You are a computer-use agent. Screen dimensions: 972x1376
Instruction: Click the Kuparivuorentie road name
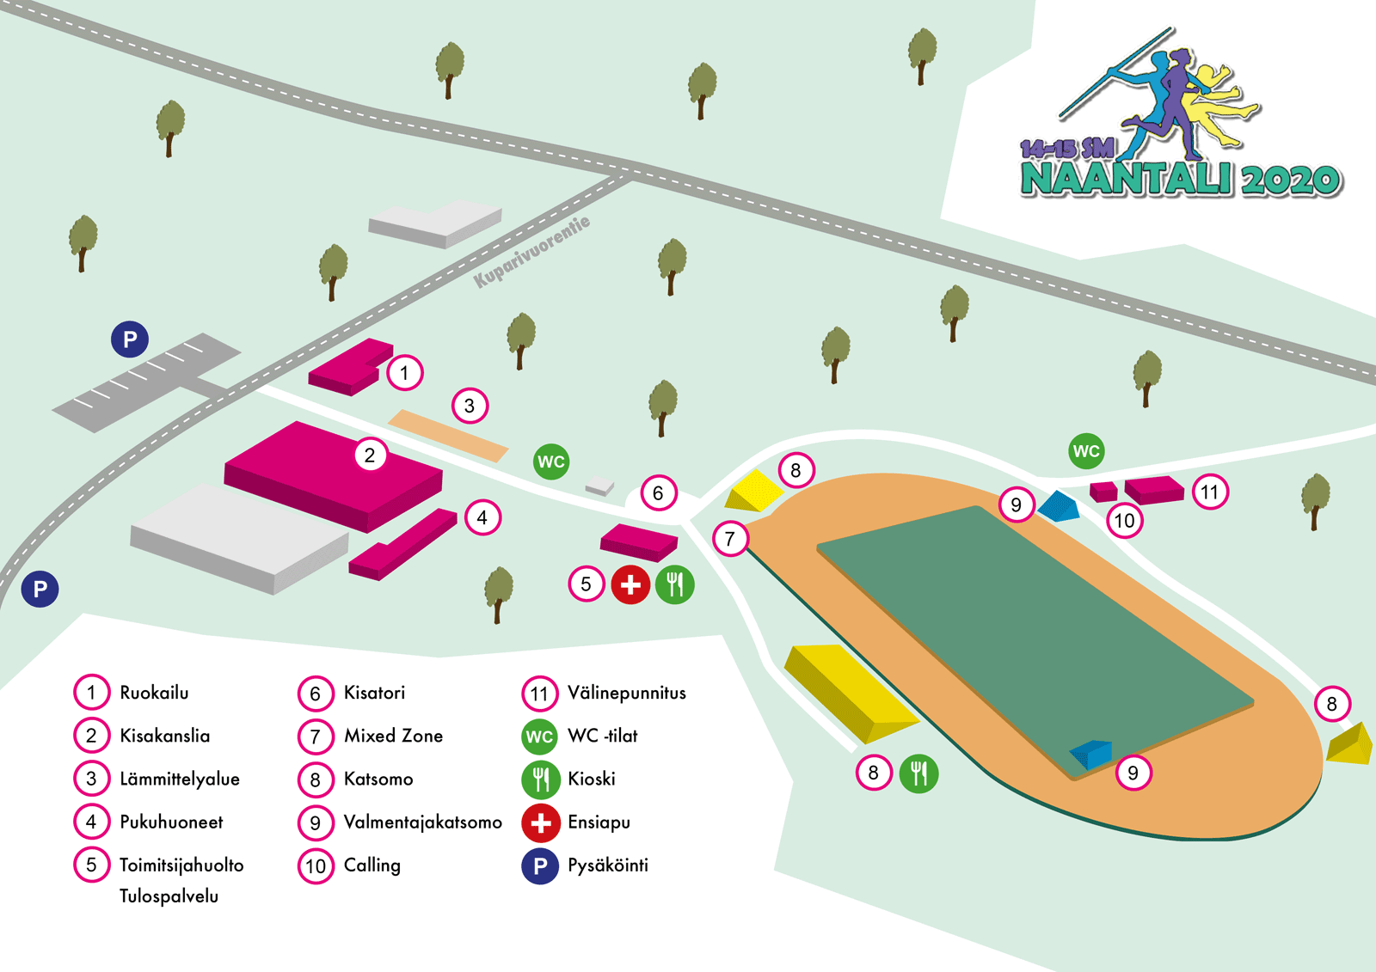[532, 251]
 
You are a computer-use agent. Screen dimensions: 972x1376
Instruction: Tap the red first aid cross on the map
[630, 585]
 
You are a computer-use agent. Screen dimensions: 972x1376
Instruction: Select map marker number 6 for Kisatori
[658, 493]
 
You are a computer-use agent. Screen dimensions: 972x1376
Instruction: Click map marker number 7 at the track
[730, 539]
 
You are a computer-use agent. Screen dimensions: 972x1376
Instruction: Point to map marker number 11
[1210, 492]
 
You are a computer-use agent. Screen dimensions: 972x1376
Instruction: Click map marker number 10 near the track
[1124, 521]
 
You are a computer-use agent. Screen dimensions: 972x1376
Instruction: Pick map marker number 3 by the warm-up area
[470, 406]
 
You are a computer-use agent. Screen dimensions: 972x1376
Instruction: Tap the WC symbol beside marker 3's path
[551, 462]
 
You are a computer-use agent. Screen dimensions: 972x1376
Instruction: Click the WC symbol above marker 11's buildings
[1086, 451]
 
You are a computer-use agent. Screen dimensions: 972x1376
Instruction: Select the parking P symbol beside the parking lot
[130, 339]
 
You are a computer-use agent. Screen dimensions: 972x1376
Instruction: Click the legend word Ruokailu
[154, 693]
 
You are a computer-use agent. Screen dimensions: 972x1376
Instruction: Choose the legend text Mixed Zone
[393, 736]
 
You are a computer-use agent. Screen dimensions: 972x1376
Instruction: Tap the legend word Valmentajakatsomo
[422, 822]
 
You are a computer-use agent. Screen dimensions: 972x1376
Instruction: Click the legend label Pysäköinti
[608, 865]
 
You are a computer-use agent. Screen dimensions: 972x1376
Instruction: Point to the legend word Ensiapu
[599, 822]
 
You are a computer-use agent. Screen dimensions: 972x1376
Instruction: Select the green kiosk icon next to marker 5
[675, 585]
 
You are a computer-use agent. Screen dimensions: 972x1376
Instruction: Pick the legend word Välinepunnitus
[627, 693]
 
